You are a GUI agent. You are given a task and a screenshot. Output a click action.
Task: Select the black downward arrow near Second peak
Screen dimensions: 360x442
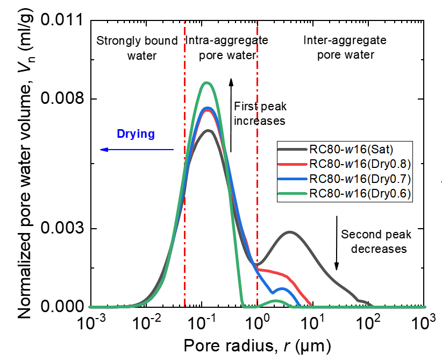pos(337,243)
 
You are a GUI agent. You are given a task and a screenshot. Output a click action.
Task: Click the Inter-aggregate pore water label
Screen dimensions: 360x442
pos(338,47)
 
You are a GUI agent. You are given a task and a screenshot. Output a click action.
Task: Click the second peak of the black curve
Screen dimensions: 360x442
pos(290,232)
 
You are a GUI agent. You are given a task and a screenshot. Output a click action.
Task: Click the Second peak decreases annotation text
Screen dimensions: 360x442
pos(376,242)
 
